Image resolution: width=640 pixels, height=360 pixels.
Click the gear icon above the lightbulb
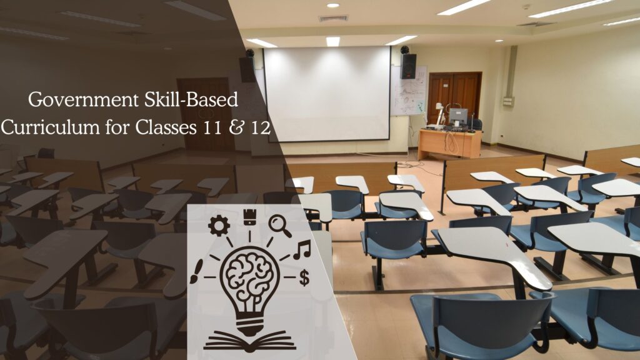pyautogui.click(x=219, y=226)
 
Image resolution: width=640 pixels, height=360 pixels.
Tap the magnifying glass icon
pyautogui.click(x=279, y=226)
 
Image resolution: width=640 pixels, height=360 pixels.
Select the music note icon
pyautogui.click(x=301, y=249)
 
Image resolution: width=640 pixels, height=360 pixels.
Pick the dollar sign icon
pyautogui.click(x=304, y=277)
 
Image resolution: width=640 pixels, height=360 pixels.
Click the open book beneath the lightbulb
pyautogui.click(x=249, y=341)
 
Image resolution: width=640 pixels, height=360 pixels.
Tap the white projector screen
pyautogui.click(x=327, y=93)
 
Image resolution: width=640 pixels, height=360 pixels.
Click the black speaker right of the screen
pyautogui.click(x=408, y=66)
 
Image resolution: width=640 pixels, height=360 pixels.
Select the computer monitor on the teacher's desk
pyautogui.click(x=458, y=116)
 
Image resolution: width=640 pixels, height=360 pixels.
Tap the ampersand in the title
pyautogui.click(x=236, y=128)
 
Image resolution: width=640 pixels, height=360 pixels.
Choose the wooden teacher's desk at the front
pyautogui.click(x=449, y=144)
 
